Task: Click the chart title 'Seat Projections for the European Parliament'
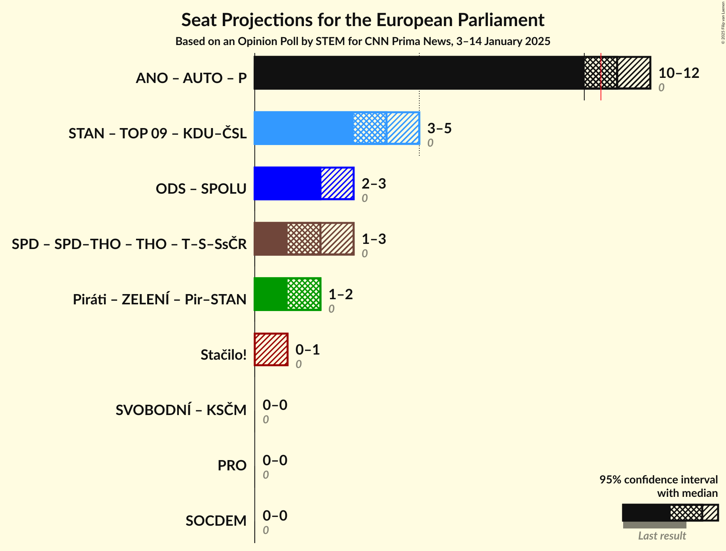363,20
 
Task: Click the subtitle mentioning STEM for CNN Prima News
363,42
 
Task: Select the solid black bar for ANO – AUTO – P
419,73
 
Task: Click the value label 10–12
679,73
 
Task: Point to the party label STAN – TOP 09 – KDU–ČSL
157,133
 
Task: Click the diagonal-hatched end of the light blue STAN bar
403,128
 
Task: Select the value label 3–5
439,128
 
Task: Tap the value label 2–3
373,184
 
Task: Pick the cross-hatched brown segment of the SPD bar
304,239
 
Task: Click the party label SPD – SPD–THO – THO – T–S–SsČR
129,244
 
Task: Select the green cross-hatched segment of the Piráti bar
303,294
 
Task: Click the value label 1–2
340,294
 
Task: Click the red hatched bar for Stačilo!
271,349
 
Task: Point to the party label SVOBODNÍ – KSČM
181,410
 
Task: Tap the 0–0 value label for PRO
275,460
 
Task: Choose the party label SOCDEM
216,521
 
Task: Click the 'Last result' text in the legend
662,536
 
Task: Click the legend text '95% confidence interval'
658,479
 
